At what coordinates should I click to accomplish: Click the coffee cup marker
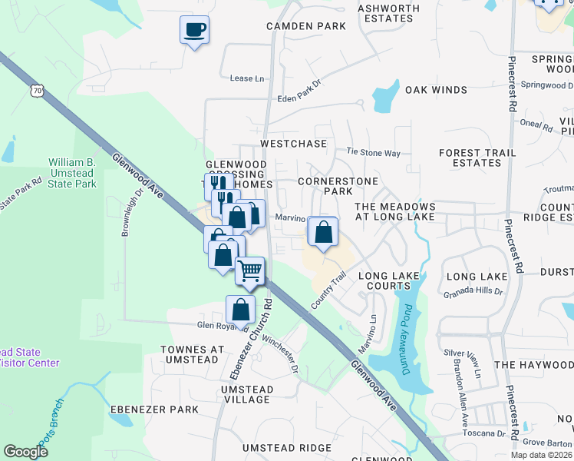point(194,30)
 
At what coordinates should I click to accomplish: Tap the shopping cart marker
point(249,270)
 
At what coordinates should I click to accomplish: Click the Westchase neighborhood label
point(294,144)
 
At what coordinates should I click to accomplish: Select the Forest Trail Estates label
point(470,158)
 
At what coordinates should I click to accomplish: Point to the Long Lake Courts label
point(384,280)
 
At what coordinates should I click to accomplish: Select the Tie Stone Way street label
point(374,153)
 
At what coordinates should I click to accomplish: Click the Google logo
point(26,452)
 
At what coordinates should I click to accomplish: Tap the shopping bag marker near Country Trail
point(323,231)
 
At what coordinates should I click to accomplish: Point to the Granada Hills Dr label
point(473,292)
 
